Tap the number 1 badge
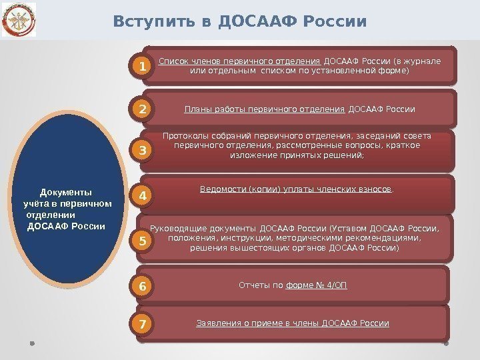pos(141,67)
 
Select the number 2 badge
pos(141,108)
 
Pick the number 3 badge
pos(141,152)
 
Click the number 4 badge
pos(141,196)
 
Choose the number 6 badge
pos(141,287)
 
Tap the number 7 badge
pos(141,325)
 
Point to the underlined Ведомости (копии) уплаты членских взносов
pos(295,189)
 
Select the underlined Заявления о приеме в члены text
pos(258,323)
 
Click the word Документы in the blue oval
pos(67,192)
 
